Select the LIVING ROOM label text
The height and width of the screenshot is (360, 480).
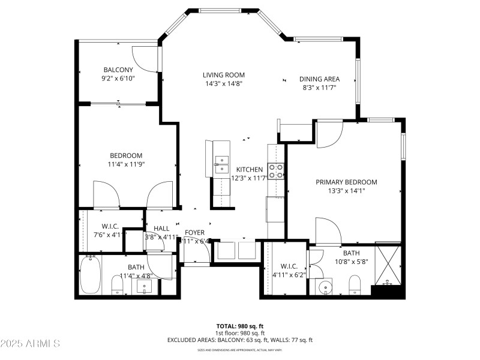(223, 75)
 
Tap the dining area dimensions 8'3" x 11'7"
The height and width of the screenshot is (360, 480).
(319, 88)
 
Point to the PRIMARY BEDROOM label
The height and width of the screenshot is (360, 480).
(346, 182)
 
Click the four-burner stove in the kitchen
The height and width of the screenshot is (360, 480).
(275, 171)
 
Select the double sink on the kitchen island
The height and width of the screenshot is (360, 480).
(221, 160)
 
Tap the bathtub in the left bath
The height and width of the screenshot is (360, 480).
(90, 276)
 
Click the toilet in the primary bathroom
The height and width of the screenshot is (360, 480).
(354, 284)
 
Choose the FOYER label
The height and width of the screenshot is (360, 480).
(195, 232)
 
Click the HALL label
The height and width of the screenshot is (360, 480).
(161, 229)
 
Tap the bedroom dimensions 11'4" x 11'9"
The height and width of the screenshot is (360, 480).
(126, 164)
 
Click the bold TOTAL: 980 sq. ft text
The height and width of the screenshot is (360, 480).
(240, 326)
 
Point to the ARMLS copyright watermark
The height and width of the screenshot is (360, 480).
(30, 344)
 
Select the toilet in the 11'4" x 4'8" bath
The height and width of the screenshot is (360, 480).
(118, 284)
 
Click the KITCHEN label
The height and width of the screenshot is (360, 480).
(249, 169)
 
